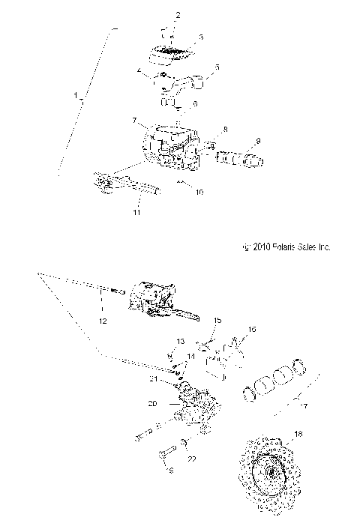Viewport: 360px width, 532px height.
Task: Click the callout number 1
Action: pyautogui.click(x=76, y=95)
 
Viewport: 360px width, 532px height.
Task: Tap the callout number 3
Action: pyautogui.click(x=179, y=37)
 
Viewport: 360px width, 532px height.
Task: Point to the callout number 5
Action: pyautogui.click(x=217, y=67)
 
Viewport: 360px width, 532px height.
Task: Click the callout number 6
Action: pyautogui.click(x=195, y=103)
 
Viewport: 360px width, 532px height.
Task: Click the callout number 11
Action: pyautogui.click(x=136, y=213)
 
